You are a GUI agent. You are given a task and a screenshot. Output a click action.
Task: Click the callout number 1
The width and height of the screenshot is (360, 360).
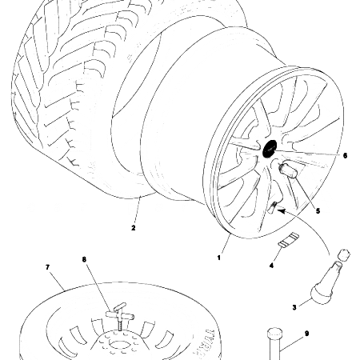pyautogui.click(x=219, y=258)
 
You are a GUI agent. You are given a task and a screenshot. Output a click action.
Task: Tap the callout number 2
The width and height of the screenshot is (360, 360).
pyautogui.click(x=133, y=227)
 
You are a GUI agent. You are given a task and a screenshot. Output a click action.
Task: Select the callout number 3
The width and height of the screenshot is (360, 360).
pyautogui.click(x=294, y=306)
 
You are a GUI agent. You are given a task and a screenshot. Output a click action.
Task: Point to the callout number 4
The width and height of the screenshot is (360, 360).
pyautogui.click(x=271, y=264)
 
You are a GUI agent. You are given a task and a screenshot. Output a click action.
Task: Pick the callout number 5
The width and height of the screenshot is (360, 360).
pyautogui.click(x=318, y=211)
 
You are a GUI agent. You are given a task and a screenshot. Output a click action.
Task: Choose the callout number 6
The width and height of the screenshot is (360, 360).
pyautogui.click(x=345, y=155)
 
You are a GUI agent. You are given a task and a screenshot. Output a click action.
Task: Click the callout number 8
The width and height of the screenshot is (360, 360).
pyautogui.click(x=86, y=260)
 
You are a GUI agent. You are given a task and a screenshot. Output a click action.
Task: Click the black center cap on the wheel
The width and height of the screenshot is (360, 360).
pyautogui.click(x=267, y=149)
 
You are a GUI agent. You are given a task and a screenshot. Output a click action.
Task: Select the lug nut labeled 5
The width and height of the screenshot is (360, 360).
pyautogui.click(x=289, y=173)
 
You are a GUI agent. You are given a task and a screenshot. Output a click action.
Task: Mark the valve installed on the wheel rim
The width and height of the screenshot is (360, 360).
pyautogui.click(x=272, y=208)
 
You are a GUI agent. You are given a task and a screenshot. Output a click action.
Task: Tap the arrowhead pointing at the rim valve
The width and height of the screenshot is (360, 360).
pyautogui.click(x=278, y=210)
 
